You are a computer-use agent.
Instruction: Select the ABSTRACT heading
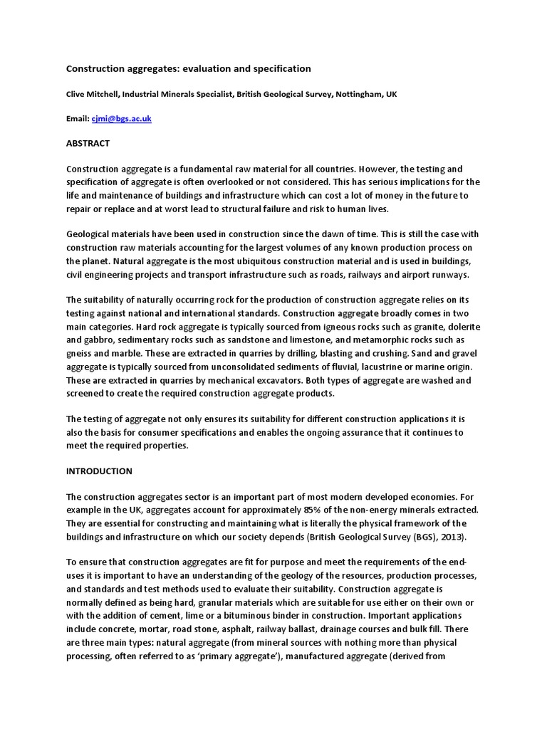[x=88, y=143]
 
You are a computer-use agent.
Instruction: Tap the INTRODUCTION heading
[x=99, y=471]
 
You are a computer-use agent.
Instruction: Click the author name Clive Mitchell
[x=93, y=94]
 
